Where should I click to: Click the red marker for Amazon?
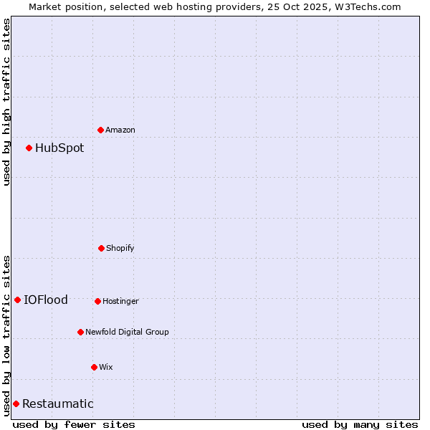coord(101,130)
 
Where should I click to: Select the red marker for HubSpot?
coord(29,148)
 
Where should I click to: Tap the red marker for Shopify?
coord(102,248)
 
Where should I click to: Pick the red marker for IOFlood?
coord(18,300)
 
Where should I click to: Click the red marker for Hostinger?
coord(98,301)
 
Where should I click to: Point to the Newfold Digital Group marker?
coord(81,332)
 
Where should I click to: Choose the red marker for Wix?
coord(94,367)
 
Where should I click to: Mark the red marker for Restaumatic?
coord(16,403)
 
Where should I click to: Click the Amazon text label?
coord(120,130)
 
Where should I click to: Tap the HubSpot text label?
coord(59,148)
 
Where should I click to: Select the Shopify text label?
coord(120,248)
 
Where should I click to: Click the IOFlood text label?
coord(46,300)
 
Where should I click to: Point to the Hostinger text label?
coord(120,301)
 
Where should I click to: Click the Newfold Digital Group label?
coord(127,332)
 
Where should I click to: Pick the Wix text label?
coord(106,367)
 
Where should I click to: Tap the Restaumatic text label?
coord(58,403)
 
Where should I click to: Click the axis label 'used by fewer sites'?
coord(74,424)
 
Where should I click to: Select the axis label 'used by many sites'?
coord(360,424)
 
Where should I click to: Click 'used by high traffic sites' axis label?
coord(6,102)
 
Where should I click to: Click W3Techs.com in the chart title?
coord(365,6)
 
